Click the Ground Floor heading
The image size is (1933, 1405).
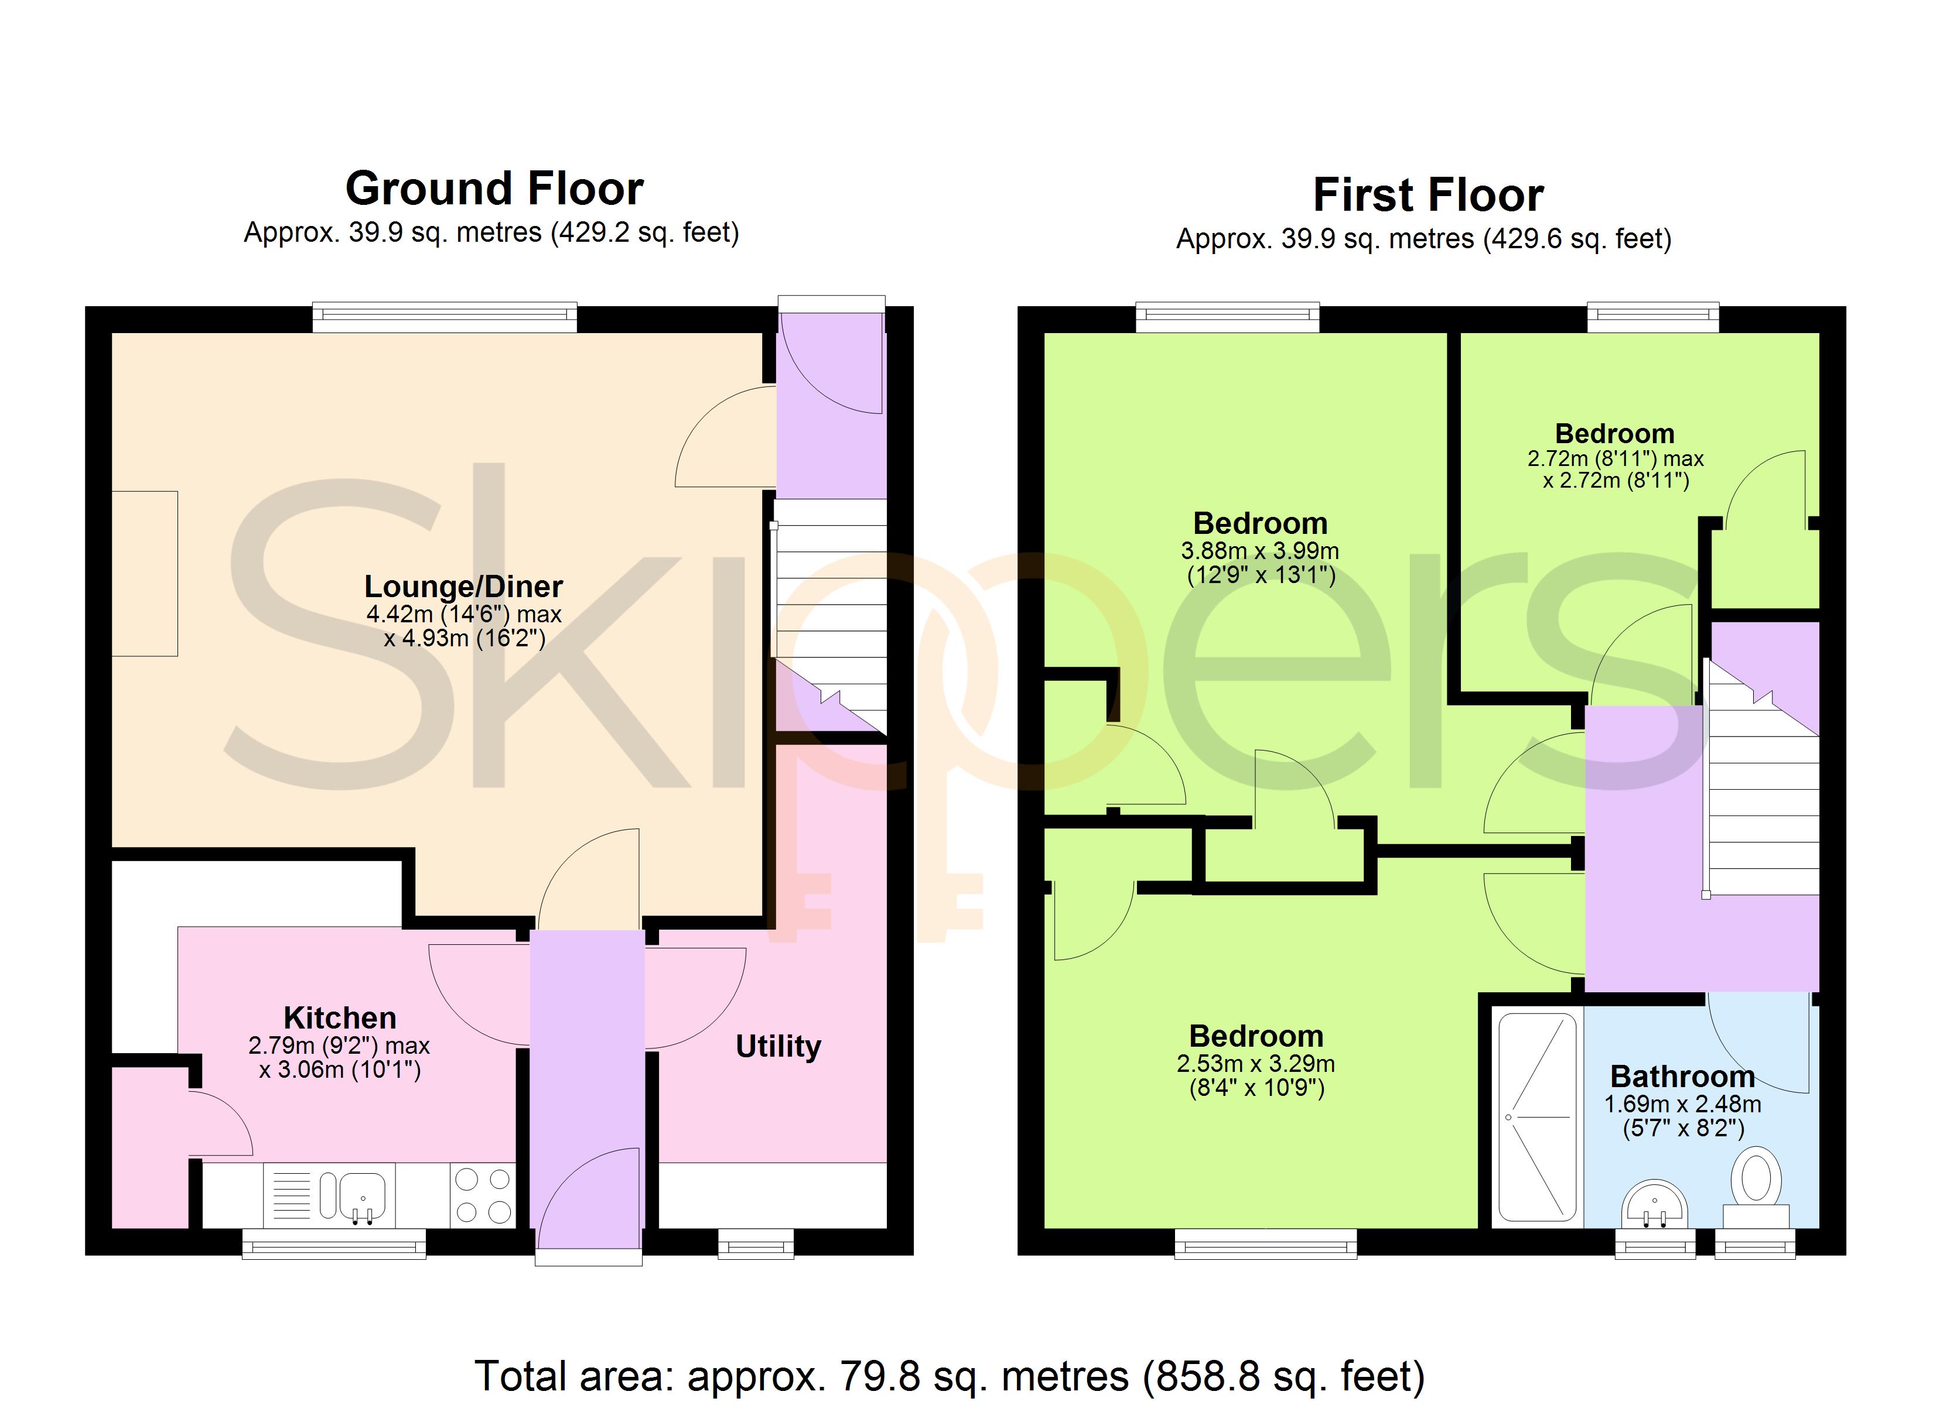[x=494, y=189]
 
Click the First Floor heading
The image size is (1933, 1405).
[x=1429, y=195]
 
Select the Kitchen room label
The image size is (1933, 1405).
[x=340, y=1017]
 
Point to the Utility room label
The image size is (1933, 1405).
[x=778, y=1046]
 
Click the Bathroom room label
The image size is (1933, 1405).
[x=1682, y=1076]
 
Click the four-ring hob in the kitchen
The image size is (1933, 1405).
[x=483, y=1195]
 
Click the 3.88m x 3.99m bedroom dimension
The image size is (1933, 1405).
[x=1261, y=563]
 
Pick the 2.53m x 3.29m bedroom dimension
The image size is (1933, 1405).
[x=1256, y=1075]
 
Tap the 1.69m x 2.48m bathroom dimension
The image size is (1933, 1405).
[x=1682, y=1116]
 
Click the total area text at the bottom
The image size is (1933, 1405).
[x=950, y=1376]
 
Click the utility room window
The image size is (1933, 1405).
[x=756, y=1243]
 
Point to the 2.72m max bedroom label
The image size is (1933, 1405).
[x=1615, y=470]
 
